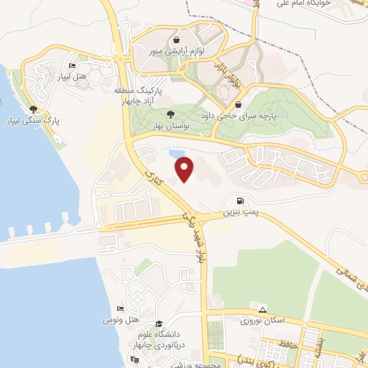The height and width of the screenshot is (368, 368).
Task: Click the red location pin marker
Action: point(185,167)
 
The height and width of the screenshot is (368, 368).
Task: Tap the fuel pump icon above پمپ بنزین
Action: point(239,201)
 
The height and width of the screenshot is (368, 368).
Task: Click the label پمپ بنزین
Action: point(239,213)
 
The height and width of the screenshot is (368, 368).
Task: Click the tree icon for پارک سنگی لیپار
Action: point(33,109)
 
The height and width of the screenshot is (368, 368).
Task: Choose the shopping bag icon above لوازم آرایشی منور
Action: point(177,40)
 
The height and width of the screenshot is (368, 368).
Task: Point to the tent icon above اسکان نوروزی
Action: point(263,310)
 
